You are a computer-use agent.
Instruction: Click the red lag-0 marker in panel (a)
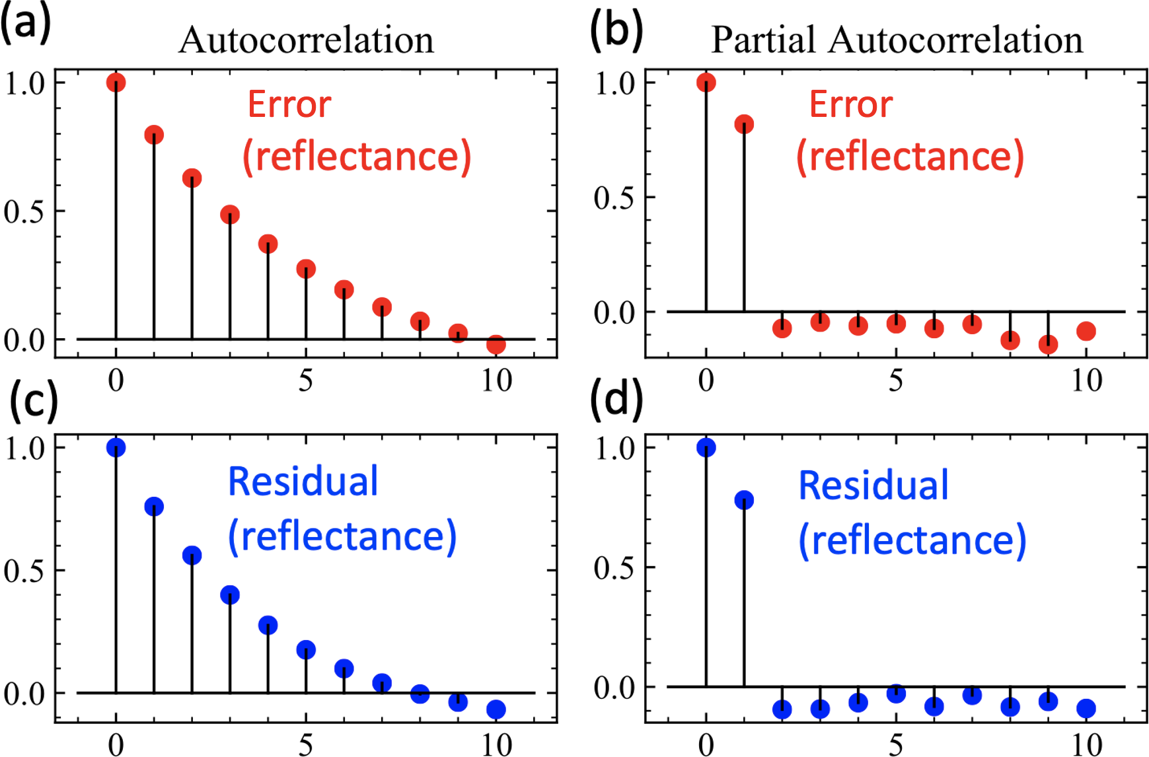click(116, 83)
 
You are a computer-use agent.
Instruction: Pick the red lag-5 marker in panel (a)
click(306, 269)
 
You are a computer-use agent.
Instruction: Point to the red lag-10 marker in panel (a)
click(496, 344)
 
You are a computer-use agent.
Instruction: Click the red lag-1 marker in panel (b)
click(744, 124)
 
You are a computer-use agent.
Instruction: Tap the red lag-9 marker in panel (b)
click(1048, 344)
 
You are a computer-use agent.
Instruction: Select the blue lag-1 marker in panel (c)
click(154, 507)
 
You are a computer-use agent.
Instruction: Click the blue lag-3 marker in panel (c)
click(230, 595)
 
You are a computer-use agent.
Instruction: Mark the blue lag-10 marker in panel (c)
click(496, 709)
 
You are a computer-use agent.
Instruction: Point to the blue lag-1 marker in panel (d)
click(744, 500)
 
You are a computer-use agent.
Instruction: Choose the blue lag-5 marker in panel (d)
click(896, 693)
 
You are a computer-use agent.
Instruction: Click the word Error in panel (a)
click(289, 104)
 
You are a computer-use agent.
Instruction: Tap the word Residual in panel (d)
click(873, 486)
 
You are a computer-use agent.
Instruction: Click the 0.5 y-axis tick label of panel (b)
click(614, 198)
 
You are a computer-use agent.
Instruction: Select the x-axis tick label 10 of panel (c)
click(496, 745)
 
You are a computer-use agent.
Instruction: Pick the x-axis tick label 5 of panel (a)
click(305, 380)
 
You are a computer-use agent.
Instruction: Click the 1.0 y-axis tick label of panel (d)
click(614, 449)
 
